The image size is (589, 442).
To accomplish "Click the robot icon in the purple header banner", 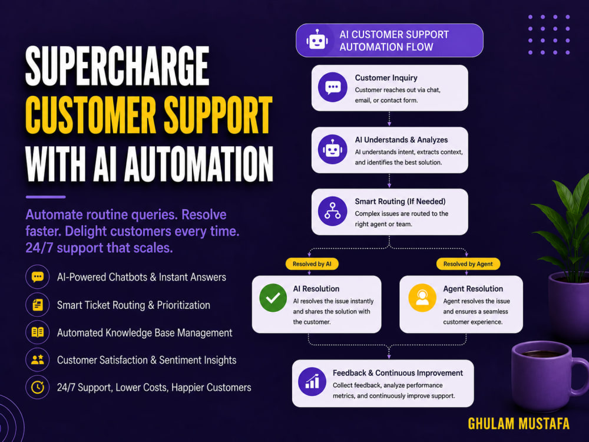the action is pyautogui.click(x=317, y=40).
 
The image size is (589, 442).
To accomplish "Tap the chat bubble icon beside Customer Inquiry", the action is pyautogui.click(x=332, y=87).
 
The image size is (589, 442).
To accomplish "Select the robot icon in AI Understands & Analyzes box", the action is pyautogui.click(x=332, y=149).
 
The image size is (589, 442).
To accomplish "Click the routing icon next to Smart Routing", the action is pyautogui.click(x=332, y=211).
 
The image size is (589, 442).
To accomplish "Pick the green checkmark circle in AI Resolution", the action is pyautogui.click(x=273, y=298).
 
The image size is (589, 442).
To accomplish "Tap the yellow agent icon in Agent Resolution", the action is pyautogui.click(x=422, y=298).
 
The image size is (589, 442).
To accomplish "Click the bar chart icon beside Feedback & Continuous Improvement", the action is pyautogui.click(x=312, y=381).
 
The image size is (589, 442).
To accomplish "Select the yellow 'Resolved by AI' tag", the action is pyautogui.click(x=312, y=264).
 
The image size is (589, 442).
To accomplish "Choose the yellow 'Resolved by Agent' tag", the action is pyautogui.click(x=468, y=264).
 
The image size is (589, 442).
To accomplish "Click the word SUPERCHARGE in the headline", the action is pyautogui.click(x=117, y=66).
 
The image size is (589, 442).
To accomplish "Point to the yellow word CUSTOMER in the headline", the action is pyautogui.click(x=91, y=115).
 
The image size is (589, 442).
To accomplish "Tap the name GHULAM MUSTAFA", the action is pyautogui.click(x=518, y=424).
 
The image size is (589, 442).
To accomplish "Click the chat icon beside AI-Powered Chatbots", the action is pyautogui.click(x=38, y=277).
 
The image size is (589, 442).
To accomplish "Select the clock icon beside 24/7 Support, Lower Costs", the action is pyautogui.click(x=38, y=387).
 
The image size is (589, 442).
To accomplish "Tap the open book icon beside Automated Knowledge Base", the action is pyautogui.click(x=38, y=332).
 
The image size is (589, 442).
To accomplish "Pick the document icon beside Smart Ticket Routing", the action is pyautogui.click(x=38, y=305).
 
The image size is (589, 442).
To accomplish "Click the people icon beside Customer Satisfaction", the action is pyautogui.click(x=38, y=359).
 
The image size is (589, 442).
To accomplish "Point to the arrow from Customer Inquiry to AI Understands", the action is pyautogui.click(x=389, y=118).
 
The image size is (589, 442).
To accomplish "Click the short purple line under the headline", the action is pyautogui.click(x=45, y=197).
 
